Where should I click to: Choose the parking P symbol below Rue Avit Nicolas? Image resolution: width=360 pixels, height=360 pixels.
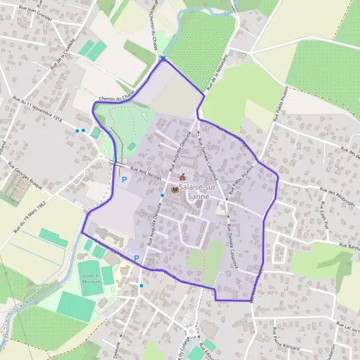125,179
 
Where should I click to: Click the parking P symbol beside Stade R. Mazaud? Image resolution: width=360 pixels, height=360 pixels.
137,259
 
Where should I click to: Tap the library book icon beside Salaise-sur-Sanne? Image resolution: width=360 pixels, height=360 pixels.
175,190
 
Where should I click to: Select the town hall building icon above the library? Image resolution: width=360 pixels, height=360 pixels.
182,177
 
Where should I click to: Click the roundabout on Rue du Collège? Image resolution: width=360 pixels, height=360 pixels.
193,331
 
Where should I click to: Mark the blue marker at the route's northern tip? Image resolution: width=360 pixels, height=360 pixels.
162,58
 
